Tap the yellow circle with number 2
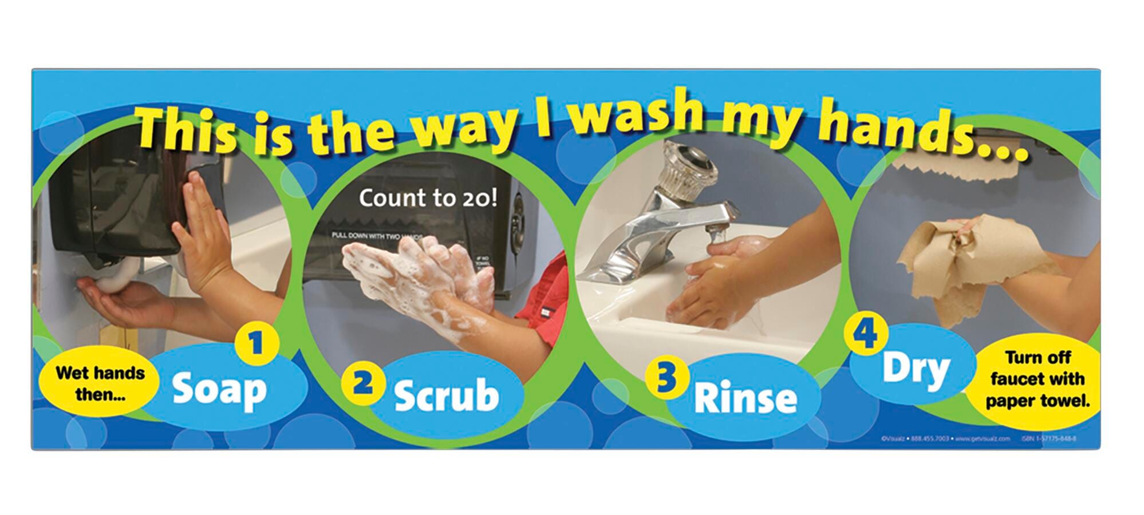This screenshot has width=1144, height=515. pos(361,383)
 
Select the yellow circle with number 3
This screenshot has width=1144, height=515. pos(665,378)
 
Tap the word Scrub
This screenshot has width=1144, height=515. pos(447,395)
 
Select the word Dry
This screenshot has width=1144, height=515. pos(916,369)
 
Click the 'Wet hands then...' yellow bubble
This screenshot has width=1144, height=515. pos(100,383)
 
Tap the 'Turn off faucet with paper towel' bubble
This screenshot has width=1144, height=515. pos(1038,379)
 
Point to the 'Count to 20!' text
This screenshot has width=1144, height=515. pos(428,198)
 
